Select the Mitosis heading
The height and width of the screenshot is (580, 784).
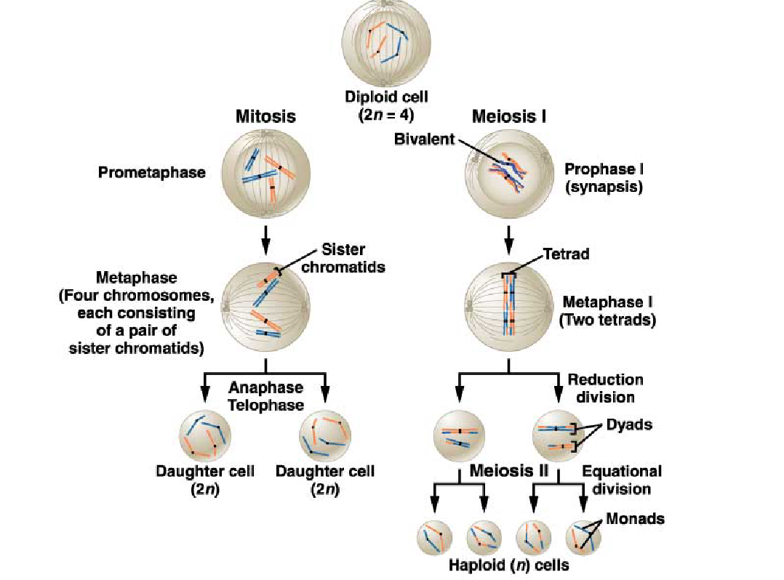pyautogui.click(x=265, y=117)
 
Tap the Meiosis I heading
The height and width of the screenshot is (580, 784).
pyautogui.click(x=509, y=117)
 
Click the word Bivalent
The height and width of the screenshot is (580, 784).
pyautogui.click(x=424, y=139)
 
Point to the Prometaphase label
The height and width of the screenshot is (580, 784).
pyautogui.click(x=152, y=173)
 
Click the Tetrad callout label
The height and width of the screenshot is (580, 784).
pyautogui.click(x=567, y=254)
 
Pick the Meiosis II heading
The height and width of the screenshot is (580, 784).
pyautogui.click(x=508, y=470)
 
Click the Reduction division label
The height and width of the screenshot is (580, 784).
pyautogui.click(x=605, y=388)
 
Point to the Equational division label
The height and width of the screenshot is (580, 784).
pyautogui.click(x=621, y=480)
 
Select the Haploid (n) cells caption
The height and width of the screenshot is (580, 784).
pyautogui.click(x=508, y=565)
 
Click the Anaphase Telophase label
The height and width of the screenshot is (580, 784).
pyautogui.click(x=265, y=396)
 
